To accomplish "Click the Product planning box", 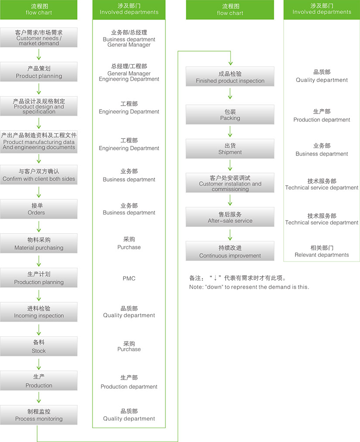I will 39,72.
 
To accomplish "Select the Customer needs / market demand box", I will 39,38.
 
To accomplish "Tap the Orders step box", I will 39,209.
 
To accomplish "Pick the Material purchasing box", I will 39,244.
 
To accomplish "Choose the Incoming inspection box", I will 39,312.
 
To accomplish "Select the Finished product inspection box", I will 230,77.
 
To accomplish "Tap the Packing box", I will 230,114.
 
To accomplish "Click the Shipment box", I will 230,148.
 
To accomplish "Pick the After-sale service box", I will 230,217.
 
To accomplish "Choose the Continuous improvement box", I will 230,252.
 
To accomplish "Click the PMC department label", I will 129,279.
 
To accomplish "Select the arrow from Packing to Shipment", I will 230,131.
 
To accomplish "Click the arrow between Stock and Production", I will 39,364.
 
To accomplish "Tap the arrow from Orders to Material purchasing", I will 39,226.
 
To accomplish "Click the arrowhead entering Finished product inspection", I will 230,62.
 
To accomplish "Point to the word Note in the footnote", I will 195,287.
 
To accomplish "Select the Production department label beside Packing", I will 322,120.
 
